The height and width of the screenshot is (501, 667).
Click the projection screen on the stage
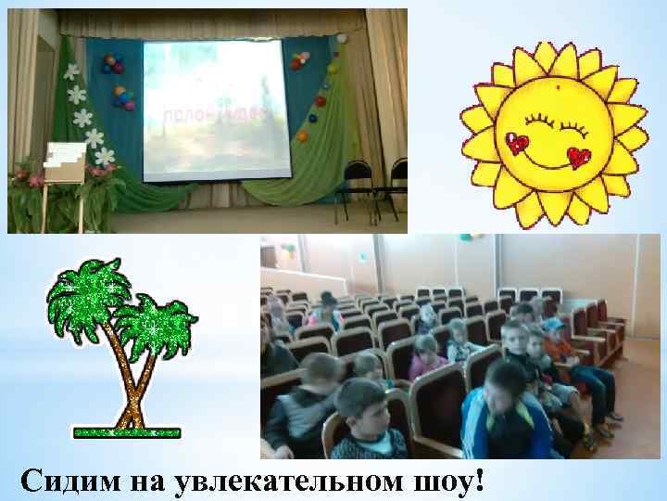(214, 107)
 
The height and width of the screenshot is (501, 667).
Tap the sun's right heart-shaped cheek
(581, 157)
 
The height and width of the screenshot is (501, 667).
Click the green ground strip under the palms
(127, 431)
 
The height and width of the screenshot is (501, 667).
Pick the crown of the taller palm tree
(88, 297)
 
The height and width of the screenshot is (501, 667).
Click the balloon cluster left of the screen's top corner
(113, 63)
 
